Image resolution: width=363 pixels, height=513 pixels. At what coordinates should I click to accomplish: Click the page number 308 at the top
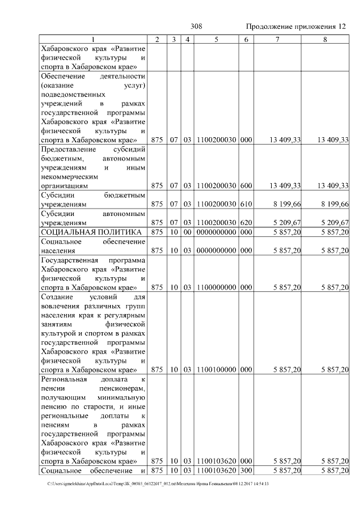tap(197, 27)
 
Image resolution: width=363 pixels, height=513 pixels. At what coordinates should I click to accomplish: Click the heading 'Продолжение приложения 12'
tap(296, 27)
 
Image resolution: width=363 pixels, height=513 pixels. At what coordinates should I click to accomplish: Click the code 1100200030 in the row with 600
tap(216, 185)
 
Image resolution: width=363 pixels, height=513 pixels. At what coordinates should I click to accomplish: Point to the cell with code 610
tap(246, 204)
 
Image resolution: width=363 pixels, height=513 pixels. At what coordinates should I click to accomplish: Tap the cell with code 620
tap(246, 222)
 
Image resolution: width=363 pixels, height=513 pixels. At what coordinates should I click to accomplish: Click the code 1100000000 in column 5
tap(216, 287)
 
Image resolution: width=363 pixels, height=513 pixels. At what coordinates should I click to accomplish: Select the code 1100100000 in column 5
tap(216, 370)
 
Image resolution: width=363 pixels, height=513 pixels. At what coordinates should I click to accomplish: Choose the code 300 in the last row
tap(246, 470)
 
